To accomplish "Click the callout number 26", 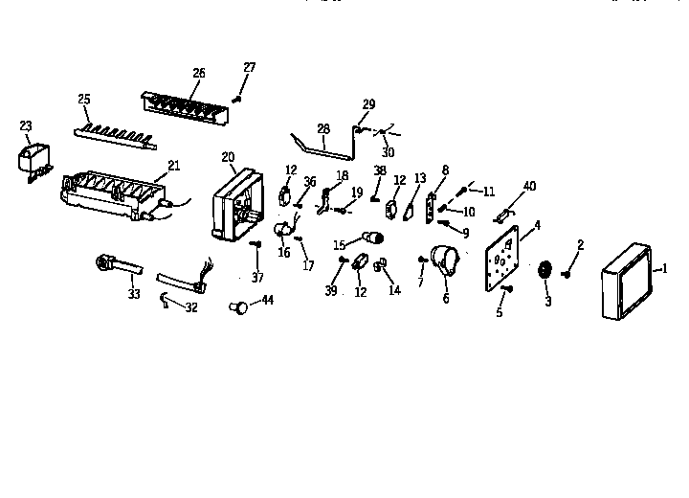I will [x=198, y=72].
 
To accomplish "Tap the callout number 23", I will [x=26, y=124].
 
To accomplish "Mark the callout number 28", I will [x=322, y=128].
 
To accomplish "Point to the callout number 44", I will [x=267, y=301].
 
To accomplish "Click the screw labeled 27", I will [x=237, y=97].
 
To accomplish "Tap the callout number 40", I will [x=529, y=186].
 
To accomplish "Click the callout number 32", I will [x=191, y=307].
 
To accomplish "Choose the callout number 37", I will [x=256, y=278].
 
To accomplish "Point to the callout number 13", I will [x=420, y=178].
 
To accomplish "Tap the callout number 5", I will [x=499, y=311].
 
